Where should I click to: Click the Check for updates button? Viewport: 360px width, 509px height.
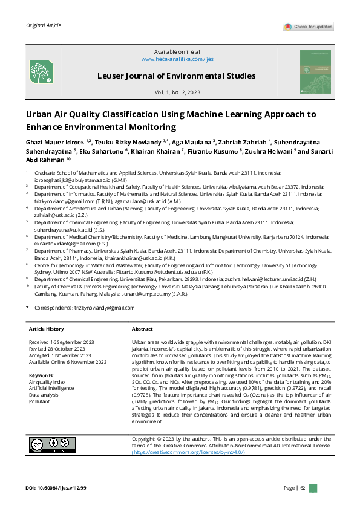click(x=308, y=27)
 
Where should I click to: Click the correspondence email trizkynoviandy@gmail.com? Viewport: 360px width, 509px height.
click(x=104, y=307)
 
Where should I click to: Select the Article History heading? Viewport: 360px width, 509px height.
click(x=47, y=329)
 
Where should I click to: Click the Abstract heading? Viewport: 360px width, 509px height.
click(x=142, y=329)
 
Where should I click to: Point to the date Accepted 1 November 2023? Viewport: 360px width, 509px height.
click(x=60, y=355)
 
